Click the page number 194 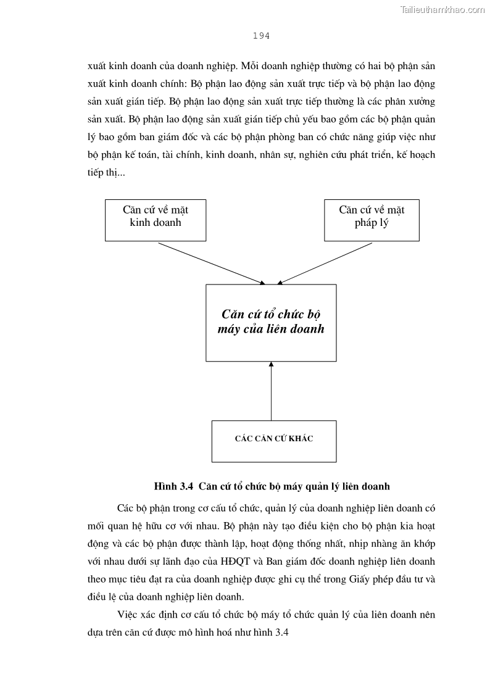(x=261, y=36)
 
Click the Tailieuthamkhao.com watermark (x=442, y=9)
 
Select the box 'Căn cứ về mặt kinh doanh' (x=156, y=220)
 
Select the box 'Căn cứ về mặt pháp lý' (x=372, y=220)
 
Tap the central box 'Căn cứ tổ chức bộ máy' (x=271, y=322)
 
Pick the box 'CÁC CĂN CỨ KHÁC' (x=274, y=441)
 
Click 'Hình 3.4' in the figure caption (x=174, y=486)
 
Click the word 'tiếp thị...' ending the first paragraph (x=106, y=173)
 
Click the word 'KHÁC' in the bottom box (x=301, y=439)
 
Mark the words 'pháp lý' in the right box (x=372, y=223)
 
